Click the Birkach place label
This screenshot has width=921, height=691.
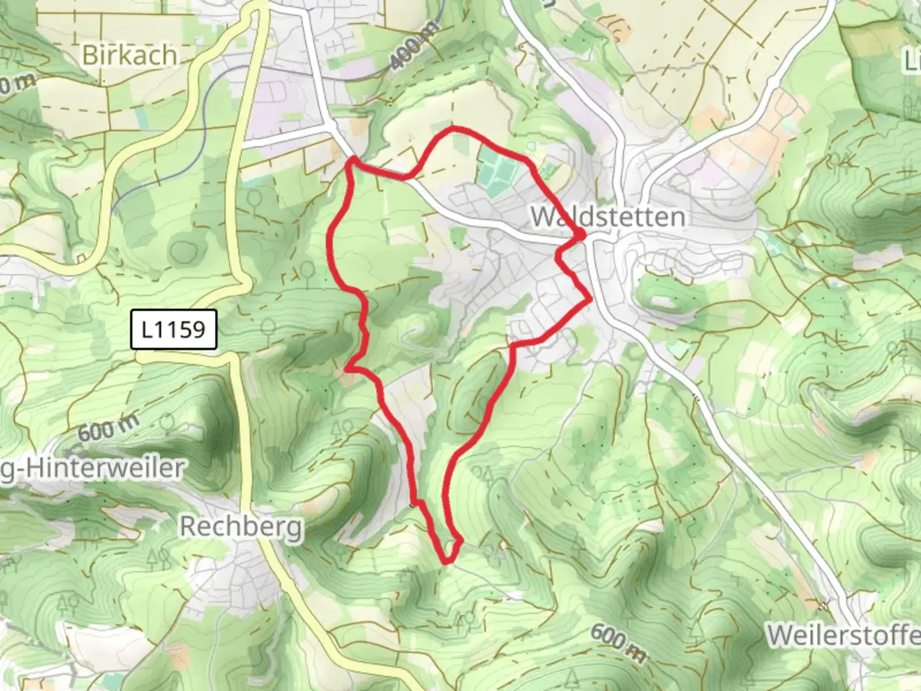[x=129, y=55]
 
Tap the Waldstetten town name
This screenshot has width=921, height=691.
[x=608, y=217]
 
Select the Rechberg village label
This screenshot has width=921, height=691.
[x=240, y=527]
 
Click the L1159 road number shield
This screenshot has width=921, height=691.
[x=173, y=330]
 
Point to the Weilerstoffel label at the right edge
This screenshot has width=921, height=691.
[x=843, y=635]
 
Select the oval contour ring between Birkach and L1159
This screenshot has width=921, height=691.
[x=184, y=251]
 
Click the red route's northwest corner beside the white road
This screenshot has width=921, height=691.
[x=351, y=160]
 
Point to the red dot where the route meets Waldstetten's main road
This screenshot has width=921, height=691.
[x=582, y=237]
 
